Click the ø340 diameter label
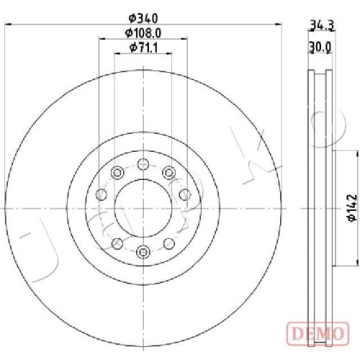143,18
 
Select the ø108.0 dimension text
143,33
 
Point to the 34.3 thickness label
321,25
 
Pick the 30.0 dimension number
320,48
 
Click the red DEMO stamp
318,333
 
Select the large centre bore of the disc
143,208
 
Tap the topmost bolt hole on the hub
143,164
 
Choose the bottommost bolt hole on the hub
143,251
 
